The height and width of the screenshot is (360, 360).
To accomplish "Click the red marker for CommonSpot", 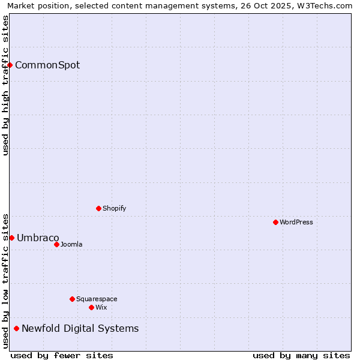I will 10,65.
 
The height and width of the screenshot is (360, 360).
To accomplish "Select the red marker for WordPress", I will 275,222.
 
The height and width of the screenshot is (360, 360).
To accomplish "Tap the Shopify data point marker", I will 98,208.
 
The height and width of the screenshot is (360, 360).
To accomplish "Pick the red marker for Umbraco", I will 11,238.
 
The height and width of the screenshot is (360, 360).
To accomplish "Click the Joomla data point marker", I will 56,244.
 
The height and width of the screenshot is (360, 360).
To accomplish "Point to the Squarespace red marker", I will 72,299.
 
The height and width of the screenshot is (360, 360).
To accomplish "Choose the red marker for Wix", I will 91,307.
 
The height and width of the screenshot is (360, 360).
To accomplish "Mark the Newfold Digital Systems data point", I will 16,328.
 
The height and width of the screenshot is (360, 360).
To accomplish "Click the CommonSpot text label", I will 47,65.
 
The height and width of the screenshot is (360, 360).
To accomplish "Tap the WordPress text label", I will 296,222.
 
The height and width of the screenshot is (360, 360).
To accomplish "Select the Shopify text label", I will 115,208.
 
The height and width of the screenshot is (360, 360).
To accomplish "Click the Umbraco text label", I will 38,238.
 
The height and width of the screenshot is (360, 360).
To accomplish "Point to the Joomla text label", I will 71,244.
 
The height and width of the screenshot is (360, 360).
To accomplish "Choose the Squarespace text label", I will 97,299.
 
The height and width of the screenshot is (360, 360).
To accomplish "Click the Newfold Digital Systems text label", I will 80,328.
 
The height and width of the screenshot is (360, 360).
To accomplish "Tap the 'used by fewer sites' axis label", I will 62,355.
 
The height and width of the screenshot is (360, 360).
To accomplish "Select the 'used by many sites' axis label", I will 301,355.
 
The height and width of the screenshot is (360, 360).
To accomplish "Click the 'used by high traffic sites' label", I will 5,85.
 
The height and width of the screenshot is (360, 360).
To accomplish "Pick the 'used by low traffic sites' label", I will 5,280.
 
